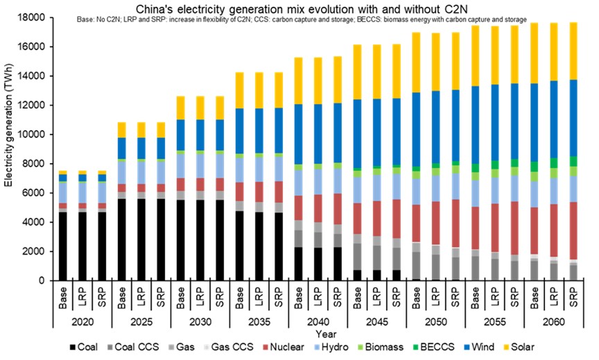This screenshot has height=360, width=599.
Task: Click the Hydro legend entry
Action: tap(345, 348)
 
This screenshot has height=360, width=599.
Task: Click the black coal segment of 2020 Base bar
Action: tap(63, 246)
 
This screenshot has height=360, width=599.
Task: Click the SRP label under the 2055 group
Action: tap(514, 295)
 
